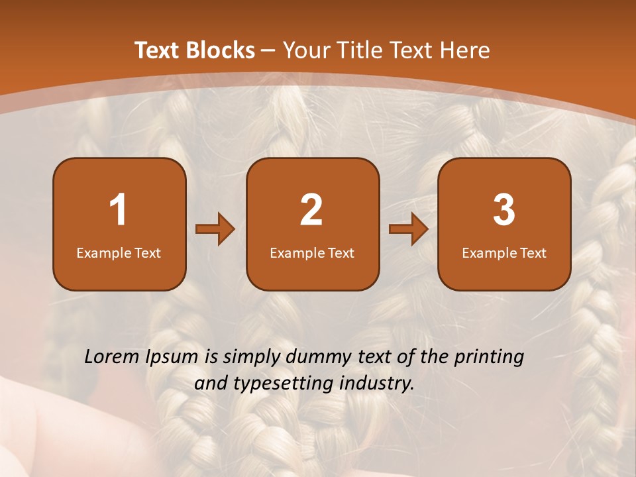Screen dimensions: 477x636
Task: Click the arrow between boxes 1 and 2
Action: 215,230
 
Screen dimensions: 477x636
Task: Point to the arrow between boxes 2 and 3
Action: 409,230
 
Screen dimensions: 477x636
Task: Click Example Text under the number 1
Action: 119,252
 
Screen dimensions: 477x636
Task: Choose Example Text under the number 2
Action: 312,252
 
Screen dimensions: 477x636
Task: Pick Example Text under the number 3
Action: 504,252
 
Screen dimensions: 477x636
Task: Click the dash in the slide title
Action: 269,50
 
